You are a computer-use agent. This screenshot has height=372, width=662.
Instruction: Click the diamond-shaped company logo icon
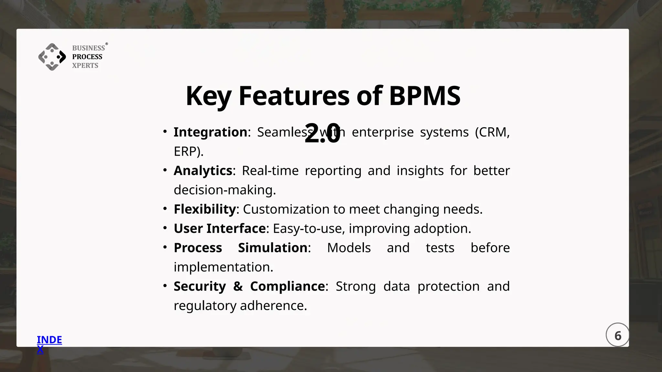[x=52, y=57]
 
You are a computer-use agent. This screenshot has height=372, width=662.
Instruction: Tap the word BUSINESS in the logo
[x=88, y=48]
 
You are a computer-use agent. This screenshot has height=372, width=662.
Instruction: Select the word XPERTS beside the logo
[x=85, y=66]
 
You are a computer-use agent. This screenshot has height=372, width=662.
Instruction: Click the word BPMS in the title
[x=424, y=96]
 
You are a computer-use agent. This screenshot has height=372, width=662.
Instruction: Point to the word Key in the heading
[x=208, y=96]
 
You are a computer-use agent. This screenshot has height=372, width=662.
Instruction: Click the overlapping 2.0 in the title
[x=322, y=133]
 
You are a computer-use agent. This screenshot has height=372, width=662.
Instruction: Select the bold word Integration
[x=210, y=132]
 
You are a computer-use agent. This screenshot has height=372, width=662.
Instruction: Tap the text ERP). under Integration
[x=188, y=151]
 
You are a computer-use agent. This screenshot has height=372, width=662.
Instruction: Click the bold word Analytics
[x=203, y=170]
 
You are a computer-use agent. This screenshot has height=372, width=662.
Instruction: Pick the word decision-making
[x=224, y=190]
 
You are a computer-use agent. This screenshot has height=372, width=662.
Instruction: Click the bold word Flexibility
[x=205, y=209]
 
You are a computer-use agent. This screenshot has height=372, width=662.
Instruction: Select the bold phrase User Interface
[x=220, y=229]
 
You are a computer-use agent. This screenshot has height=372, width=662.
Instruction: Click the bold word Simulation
[x=272, y=248]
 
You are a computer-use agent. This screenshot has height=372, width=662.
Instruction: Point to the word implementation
[x=223, y=267]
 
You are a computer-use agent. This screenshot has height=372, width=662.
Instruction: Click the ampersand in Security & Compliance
[x=238, y=286]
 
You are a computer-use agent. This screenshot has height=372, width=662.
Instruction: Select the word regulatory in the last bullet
[x=205, y=306]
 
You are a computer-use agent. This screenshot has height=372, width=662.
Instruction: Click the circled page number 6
[x=617, y=335]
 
